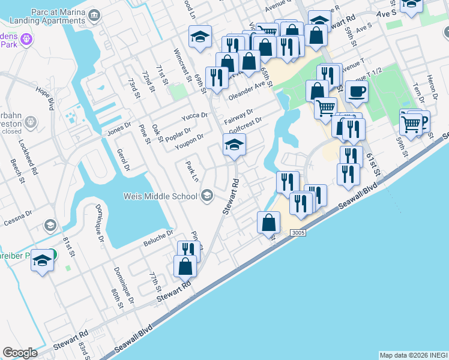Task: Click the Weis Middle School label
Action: [x=160, y=196]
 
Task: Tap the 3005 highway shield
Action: [x=298, y=232]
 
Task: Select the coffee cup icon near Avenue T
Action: [x=357, y=92]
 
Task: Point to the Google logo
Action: [x=19, y=353]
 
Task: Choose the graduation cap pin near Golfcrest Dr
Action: [x=234, y=144]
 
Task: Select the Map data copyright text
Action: [x=413, y=355]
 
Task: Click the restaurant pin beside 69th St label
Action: [x=216, y=76]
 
